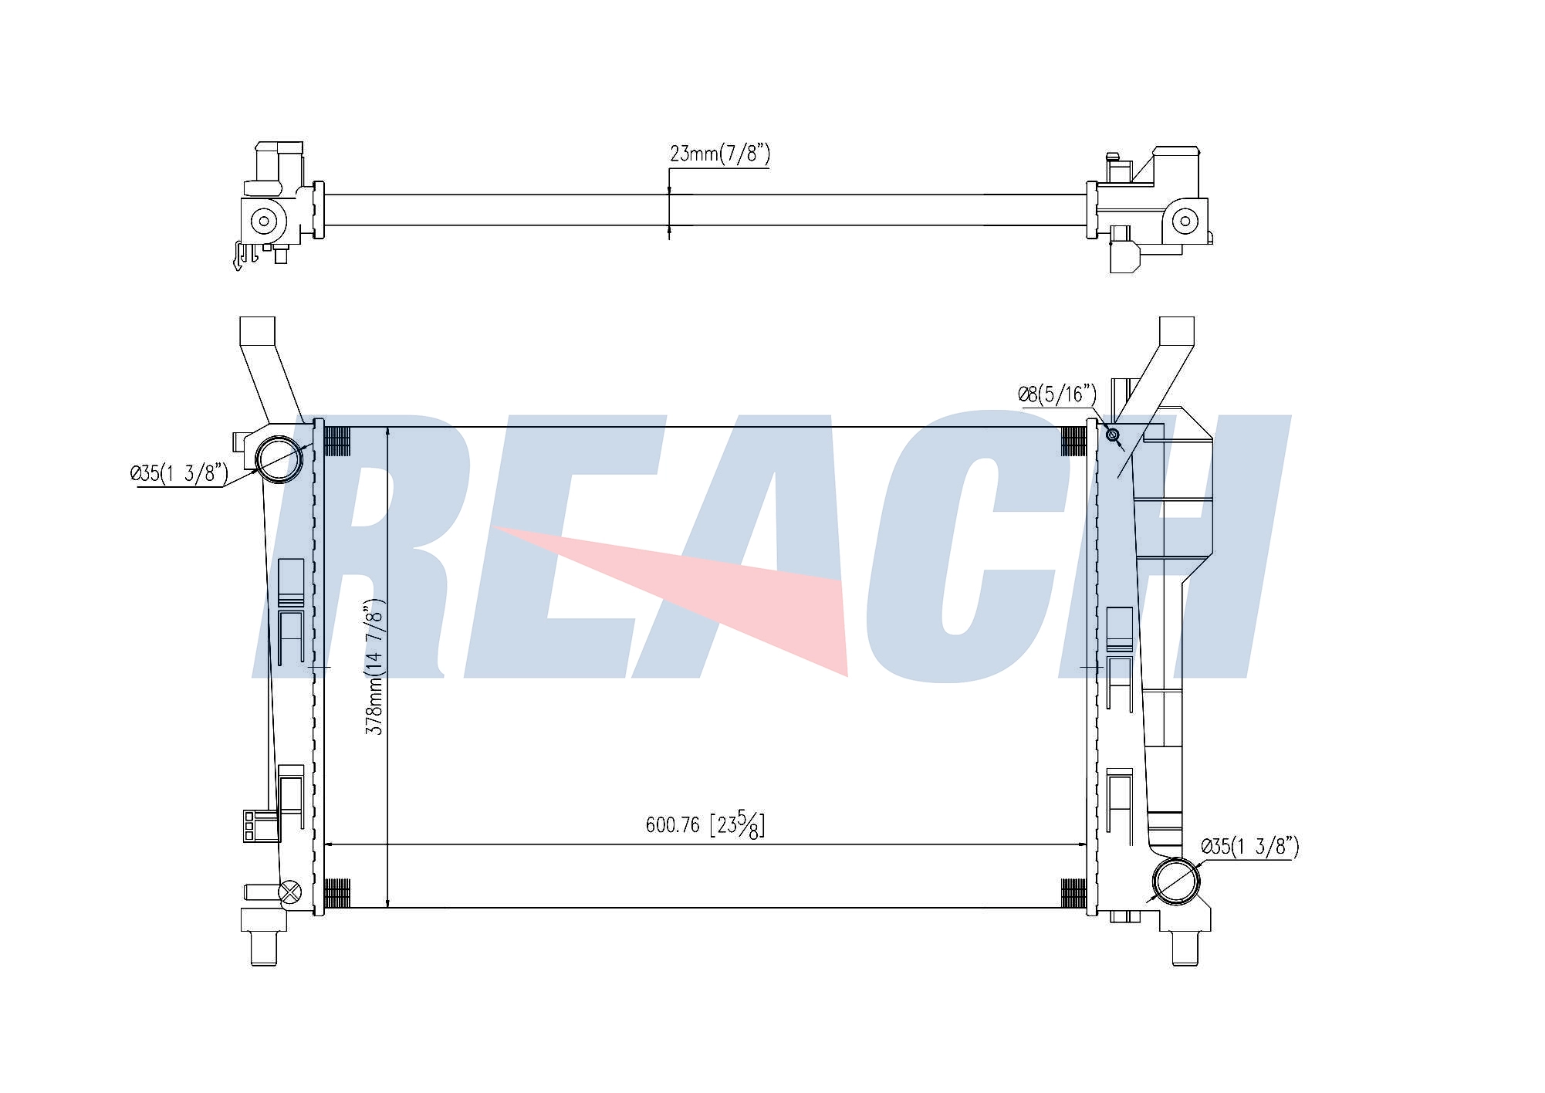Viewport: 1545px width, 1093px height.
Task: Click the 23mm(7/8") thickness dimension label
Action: pos(719,154)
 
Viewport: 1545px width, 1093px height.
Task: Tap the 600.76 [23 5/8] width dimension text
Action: pos(705,824)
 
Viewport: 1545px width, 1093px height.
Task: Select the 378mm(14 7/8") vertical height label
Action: pos(374,667)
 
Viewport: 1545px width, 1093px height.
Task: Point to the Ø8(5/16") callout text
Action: pos(1057,394)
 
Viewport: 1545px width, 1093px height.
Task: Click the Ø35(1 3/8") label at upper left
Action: pos(179,472)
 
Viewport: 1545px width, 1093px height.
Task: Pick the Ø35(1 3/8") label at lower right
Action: pos(1250,847)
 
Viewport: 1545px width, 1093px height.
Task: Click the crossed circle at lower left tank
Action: pos(289,892)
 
